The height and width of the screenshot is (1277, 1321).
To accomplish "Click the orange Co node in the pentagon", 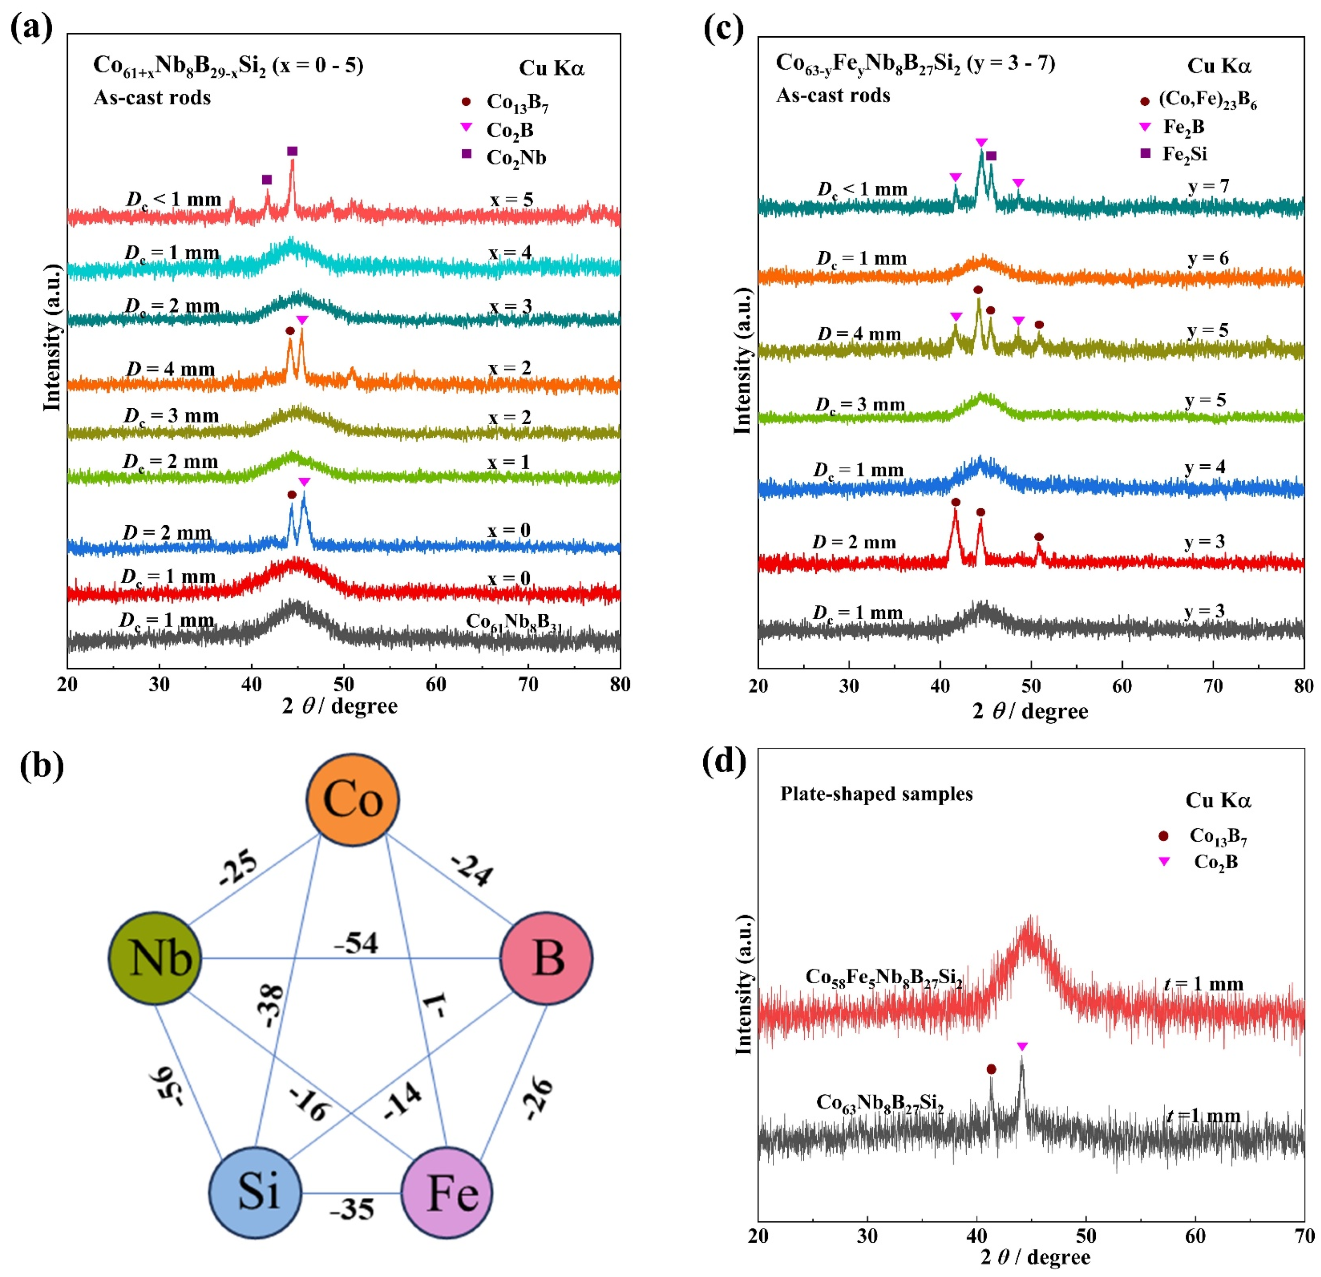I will click(x=353, y=800).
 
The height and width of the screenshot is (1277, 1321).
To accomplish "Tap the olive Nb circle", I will click(x=156, y=958).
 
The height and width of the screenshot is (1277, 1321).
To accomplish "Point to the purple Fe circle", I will click(x=447, y=1191).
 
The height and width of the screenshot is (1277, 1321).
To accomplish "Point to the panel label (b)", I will click(x=42, y=765).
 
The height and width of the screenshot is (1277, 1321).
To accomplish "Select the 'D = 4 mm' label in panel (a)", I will click(x=170, y=370).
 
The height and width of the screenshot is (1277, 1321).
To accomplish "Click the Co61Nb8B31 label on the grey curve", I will click(x=513, y=622).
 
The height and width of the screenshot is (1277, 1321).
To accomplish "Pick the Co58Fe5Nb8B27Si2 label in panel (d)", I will click(x=883, y=977).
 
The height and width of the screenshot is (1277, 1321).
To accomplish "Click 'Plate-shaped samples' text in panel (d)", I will click(x=876, y=794).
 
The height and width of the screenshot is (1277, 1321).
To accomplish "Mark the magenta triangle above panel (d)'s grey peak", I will click(x=1022, y=1047).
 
